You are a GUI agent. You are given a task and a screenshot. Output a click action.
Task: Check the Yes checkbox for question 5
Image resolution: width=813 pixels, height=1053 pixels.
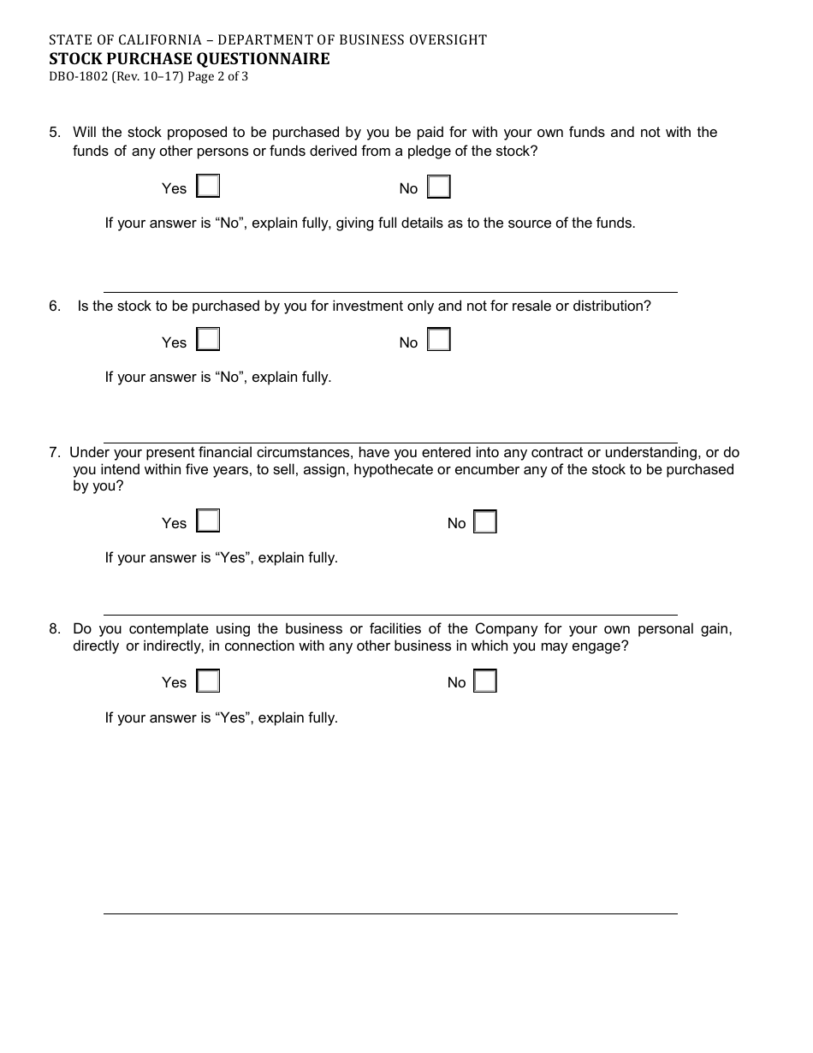tap(208, 187)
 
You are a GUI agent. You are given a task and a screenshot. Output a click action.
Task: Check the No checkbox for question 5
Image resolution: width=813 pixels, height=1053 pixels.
tap(439, 187)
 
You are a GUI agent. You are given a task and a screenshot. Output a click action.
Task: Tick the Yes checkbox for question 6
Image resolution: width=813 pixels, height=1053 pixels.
tap(208, 340)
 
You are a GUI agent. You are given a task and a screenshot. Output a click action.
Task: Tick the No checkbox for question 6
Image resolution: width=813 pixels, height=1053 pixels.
tap(439, 340)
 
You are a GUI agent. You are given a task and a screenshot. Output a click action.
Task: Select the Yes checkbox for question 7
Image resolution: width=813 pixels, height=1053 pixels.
tap(208, 521)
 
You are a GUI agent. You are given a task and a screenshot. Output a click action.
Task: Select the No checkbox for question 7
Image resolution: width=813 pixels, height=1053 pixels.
tap(485, 521)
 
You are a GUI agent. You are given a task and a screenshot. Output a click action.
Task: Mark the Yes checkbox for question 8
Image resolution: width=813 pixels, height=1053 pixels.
tap(208, 681)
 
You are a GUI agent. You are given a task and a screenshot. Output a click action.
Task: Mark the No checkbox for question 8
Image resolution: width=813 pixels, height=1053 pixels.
tap(485, 681)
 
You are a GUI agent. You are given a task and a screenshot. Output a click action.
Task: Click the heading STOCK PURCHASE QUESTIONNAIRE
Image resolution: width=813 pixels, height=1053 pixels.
tap(189, 58)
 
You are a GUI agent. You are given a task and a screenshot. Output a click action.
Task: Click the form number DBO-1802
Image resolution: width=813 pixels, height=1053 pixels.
tap(78, 76)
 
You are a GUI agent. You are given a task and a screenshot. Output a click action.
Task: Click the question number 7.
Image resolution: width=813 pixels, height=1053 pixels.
tap(54, 452)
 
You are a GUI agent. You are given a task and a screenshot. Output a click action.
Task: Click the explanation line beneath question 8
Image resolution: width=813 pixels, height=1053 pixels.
tap(390, 913)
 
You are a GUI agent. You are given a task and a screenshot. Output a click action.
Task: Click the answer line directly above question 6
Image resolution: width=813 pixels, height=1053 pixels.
tap(390, 292)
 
